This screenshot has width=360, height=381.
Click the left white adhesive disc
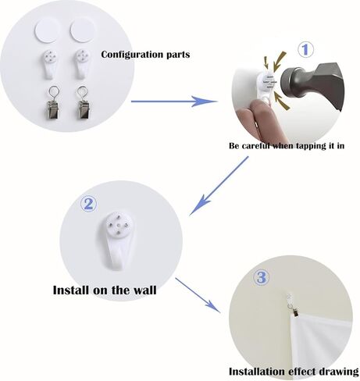(47, 31)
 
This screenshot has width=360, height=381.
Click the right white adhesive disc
(82, 31)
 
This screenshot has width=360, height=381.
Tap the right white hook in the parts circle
(82, 63)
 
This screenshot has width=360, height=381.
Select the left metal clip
(53, 103)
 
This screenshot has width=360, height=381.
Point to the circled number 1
(305, 50)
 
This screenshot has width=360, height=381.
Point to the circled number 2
(89, 204)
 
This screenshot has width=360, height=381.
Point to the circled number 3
(262, 278)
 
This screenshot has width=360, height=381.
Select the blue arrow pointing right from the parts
(174, 101)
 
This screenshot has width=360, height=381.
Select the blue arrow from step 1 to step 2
(219, 186)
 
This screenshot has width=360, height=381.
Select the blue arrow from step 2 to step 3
(198, 295)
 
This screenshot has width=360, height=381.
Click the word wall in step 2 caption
(144, 290)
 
